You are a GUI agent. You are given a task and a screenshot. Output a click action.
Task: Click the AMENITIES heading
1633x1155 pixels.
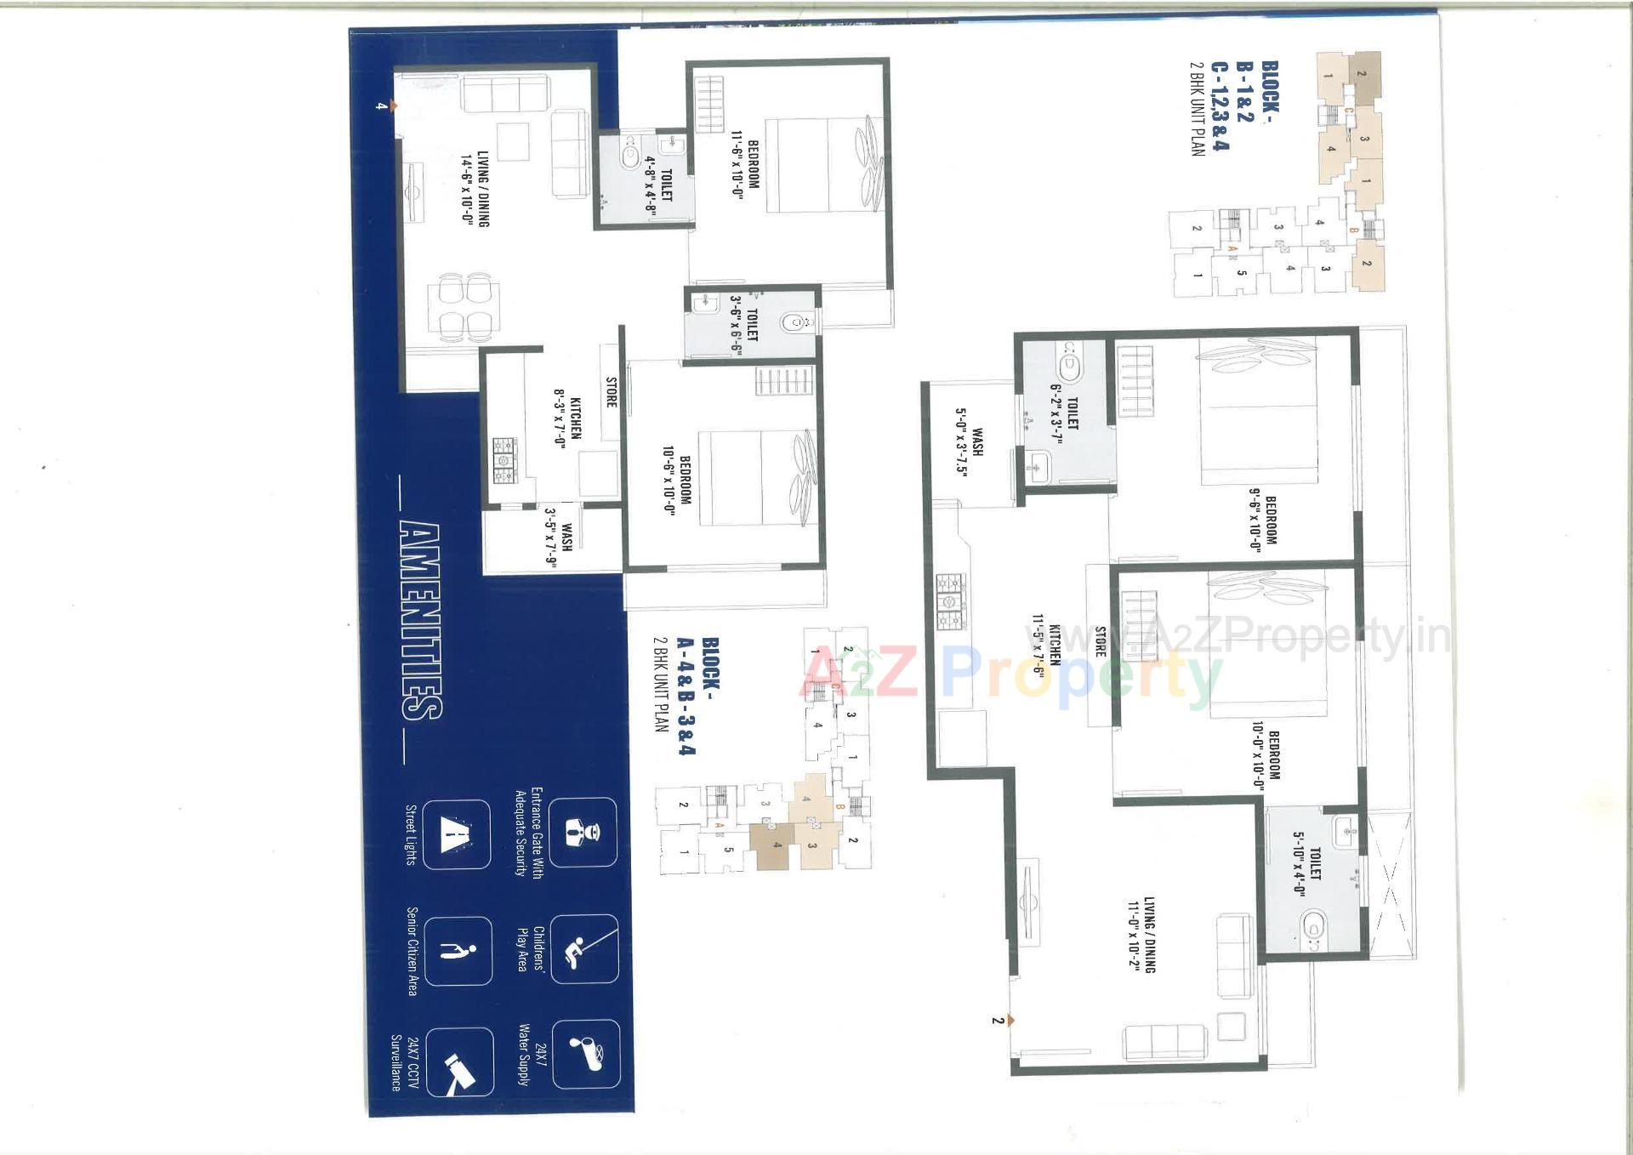(420, 622)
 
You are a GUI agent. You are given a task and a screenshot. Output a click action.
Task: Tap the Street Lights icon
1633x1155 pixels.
(456, 834)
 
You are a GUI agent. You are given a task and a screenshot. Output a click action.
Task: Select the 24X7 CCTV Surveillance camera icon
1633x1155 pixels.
(459, 1062)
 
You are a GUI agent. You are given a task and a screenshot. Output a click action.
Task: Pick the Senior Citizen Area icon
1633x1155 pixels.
(458, 951)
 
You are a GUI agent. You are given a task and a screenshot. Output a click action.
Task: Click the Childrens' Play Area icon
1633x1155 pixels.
(584, 948)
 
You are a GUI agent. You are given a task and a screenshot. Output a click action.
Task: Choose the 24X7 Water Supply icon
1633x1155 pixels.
(585, 1054)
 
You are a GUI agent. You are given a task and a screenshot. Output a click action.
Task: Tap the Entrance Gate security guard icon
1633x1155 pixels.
(583, 832)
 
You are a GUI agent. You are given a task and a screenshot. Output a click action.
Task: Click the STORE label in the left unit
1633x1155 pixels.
(611, 392)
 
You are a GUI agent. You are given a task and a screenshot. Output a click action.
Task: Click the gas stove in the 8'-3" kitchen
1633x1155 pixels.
(504, 460)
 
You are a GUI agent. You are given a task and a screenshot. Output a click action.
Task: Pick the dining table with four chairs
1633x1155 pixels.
(464, 304)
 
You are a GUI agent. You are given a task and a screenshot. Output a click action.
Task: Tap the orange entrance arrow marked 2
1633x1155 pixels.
(1010, 1021)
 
